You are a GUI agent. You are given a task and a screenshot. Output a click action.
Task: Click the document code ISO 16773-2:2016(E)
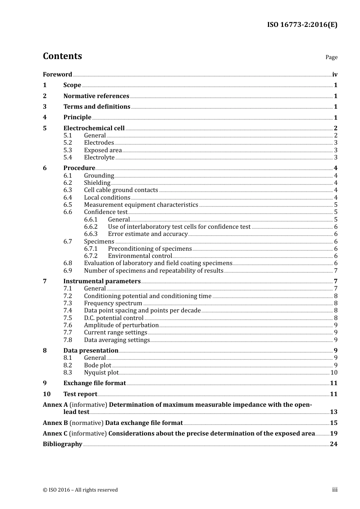[x=302, y=25]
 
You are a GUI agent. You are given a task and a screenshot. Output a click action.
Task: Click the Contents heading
[x=62, y=56]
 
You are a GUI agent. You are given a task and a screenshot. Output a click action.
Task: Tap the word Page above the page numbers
[x=331, y=57]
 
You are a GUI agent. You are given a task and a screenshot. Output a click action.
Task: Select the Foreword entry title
[x=57, y=75]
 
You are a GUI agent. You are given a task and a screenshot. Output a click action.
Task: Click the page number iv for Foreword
[x=335, y=75]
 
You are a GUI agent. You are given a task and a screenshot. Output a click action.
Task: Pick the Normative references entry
[x=96, y=96]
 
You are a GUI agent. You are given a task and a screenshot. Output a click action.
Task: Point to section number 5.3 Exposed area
[x=67, y=150]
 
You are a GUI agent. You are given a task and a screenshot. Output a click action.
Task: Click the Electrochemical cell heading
[x=94, y=128]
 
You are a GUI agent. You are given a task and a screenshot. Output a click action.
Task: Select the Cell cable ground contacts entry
[x=121, y=190]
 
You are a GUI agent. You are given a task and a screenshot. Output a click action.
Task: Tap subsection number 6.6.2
[x=91, y=227]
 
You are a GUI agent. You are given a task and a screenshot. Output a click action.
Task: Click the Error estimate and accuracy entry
[x=148, y=234]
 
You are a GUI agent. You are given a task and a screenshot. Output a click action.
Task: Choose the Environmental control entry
[x=140, y=256]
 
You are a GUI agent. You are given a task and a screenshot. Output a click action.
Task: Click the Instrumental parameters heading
[x=102, y=281]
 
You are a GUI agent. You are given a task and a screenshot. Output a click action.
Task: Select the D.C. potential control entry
[x=114, y=318]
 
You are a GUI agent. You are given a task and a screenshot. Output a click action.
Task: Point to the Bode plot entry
[x=97, y=365]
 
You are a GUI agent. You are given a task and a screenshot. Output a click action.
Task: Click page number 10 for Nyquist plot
[x=334, y=373]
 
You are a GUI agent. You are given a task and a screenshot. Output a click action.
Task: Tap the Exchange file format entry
[x=94, y=383]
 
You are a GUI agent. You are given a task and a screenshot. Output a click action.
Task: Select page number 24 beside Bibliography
[x=333, y=444]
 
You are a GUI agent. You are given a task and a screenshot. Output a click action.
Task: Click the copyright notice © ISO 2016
[x=80, y=490]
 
